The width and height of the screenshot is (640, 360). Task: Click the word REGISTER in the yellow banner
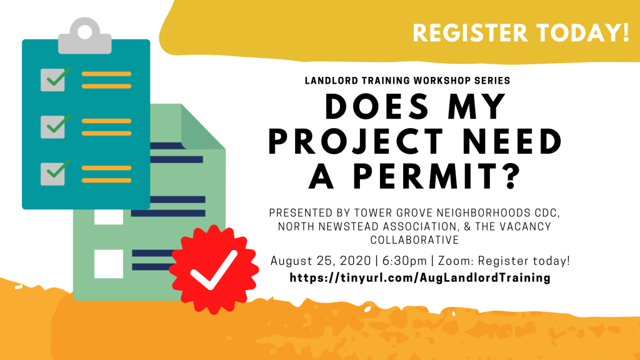point(470,32)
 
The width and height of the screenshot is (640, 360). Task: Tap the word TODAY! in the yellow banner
point(583,32)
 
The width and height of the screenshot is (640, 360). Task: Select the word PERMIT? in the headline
point(437,176)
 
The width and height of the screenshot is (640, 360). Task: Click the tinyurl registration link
point(420,278)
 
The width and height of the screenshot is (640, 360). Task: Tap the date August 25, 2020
point(321,261)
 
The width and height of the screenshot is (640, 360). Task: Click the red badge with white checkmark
point(214,269)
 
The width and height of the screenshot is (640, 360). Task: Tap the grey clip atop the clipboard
point(85,36)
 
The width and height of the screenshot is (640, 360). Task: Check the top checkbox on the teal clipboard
point(53,80)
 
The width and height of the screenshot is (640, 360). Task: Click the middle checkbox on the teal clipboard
point(53,127)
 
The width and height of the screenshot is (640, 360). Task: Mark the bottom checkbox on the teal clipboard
point(53,174)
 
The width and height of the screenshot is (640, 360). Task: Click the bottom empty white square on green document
point(109,264)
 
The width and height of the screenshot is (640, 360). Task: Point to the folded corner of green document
point(202,127)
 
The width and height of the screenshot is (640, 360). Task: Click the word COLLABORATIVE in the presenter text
point(415,239)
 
